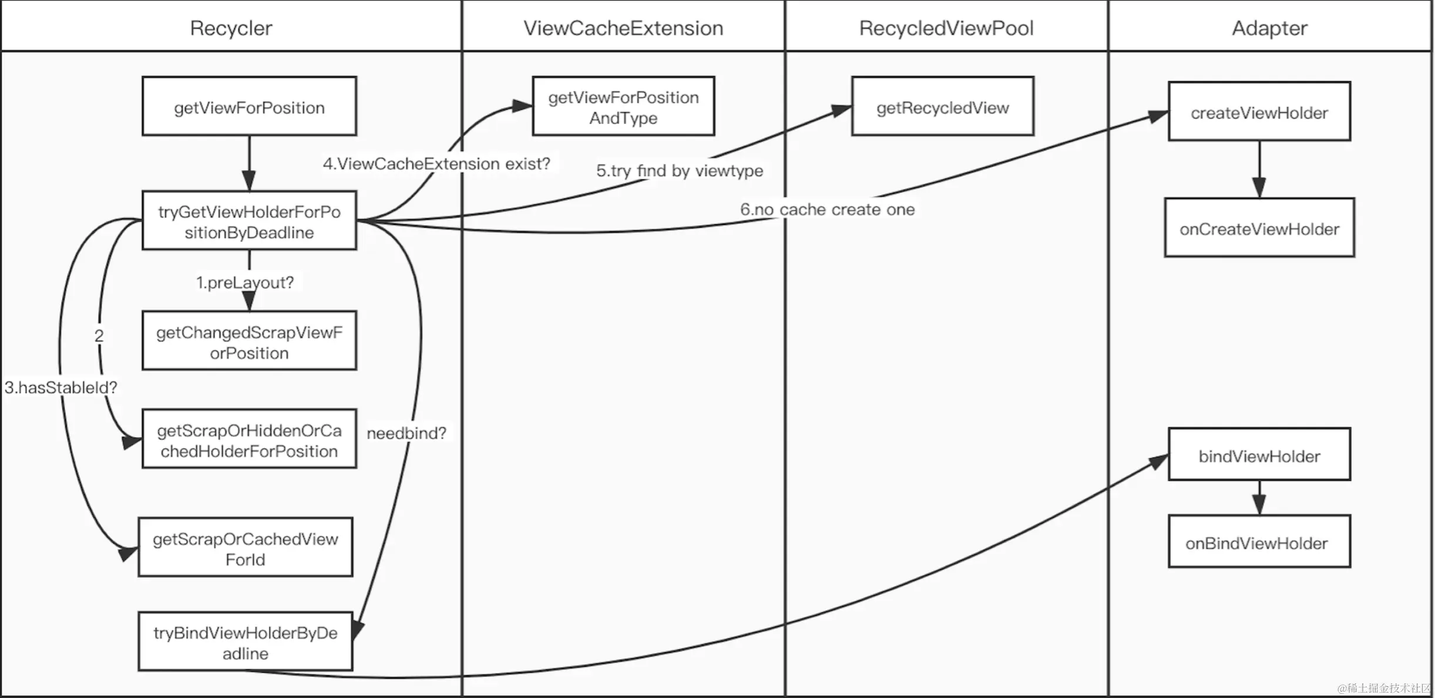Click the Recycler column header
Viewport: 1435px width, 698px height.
pos(231,28)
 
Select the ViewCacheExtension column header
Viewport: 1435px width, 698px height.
pos(623,28)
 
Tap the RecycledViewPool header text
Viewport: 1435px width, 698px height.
pos(946,28)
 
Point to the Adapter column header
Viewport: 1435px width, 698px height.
pos(1269,28)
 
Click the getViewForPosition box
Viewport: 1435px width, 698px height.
pos(249,107)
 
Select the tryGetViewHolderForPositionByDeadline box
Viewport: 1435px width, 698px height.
pos(249,221)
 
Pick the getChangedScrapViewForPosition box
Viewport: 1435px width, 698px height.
pos(249,342)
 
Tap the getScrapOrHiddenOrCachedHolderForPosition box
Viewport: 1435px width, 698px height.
pos(249,440)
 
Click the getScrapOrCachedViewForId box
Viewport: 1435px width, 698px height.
pos(246,548)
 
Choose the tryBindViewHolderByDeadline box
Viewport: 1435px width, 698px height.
pos(246,642)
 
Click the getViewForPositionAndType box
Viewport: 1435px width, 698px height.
pos(623,107)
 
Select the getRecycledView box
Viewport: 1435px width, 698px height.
pos(942,107)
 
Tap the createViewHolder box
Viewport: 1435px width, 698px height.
pos(1259,112)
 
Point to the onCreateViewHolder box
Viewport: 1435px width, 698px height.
pos(1259,228)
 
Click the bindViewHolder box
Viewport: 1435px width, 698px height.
pos(1259,456)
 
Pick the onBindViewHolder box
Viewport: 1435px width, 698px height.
pos(1259,542)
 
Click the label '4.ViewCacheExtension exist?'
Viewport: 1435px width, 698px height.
pos(436,163)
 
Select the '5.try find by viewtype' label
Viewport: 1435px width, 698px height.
pos(679,170)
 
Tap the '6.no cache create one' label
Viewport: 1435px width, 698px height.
pos(827,209)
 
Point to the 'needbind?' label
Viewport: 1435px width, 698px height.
pos(406,433)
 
